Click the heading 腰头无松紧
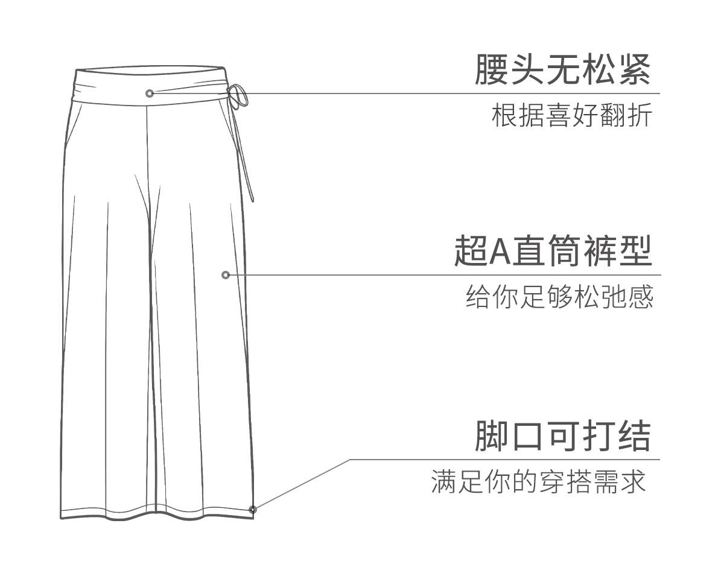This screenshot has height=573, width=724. [x=563, y=70]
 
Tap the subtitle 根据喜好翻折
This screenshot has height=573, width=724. [x=571, y=116]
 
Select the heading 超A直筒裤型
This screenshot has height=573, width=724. [x=553, y=252]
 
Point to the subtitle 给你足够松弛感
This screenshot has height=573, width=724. [x=559, y=297]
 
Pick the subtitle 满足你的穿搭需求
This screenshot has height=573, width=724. [x=538, y=482]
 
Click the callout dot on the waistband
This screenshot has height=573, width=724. [x=150, y=93]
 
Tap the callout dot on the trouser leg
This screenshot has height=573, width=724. [x=226, y=275]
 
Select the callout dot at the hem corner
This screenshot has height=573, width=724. [x=253, y=510]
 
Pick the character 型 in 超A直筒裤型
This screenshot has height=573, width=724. [x=635, y=252]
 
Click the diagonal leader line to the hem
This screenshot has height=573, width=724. [x=302, y=484]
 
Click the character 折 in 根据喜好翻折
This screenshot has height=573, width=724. [x=639, y=116]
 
